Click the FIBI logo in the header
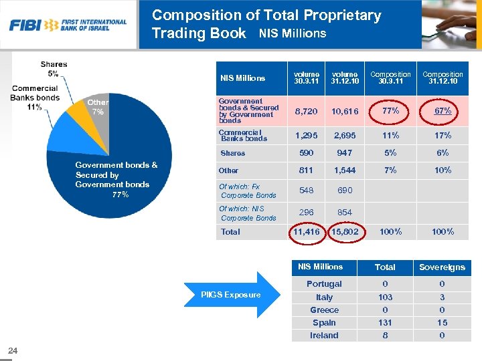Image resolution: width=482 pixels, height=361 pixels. [68, 25]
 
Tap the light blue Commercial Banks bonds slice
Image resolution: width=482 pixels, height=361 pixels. [67, 130]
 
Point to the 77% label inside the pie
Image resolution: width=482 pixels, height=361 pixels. [120, 195]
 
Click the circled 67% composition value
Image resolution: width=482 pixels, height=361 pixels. [443, 111]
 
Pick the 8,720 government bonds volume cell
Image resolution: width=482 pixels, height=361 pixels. [307, 111]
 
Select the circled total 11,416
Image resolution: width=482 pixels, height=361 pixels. [307, 232]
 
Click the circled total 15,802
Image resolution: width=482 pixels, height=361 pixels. [345, 232]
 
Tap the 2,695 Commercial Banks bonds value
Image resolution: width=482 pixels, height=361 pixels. [345, 136]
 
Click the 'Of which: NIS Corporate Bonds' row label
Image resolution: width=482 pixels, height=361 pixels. [247, 213]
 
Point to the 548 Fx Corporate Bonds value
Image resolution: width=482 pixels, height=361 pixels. [307, 191]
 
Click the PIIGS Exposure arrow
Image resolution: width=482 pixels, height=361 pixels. [231, 294]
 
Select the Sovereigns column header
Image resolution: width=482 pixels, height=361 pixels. [442, 267]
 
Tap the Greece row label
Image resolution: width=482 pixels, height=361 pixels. [324, 310]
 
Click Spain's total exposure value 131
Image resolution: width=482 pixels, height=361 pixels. [385, 323]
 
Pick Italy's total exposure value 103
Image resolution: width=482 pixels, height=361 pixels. [385, 297]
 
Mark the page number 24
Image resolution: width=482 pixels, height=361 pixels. [13, 350]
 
